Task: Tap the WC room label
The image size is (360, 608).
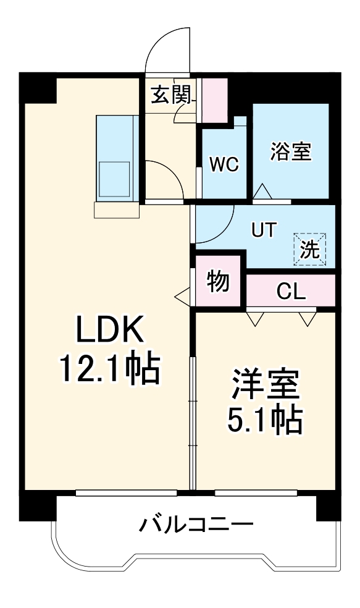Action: click(224, 164)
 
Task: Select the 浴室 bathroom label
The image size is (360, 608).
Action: click(290, 151)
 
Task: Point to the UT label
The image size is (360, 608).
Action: click(262, 229)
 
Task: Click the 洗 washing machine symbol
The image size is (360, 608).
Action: click(310, 249)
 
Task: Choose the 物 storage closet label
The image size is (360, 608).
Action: click(218, 282)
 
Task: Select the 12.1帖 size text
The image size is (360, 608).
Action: click(109, 369)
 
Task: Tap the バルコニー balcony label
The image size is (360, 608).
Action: click(196, 526)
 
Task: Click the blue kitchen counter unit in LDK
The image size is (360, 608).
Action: click(115, 158)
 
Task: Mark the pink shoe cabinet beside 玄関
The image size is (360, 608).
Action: click(215, 99)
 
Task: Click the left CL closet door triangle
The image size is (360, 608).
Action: click(254, 318)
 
